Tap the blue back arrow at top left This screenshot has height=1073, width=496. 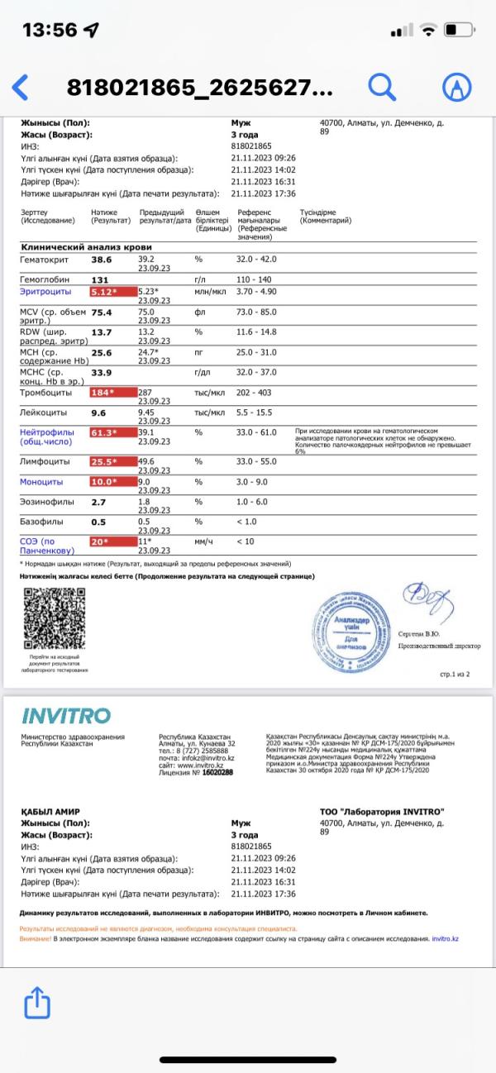pyautogui.click(x=21, y=87)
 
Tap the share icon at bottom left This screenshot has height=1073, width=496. pyautogui.click(x=37, y=1004)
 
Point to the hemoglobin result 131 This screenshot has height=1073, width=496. pyautogui.click(x=100, y=279)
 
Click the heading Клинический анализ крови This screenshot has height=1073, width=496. pyautogui.click(x=86, y=247)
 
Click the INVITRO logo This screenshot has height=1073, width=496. pyautogui.click(x=65, y=715)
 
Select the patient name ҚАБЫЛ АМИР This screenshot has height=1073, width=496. pyautogui.click(x=54, y=813)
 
